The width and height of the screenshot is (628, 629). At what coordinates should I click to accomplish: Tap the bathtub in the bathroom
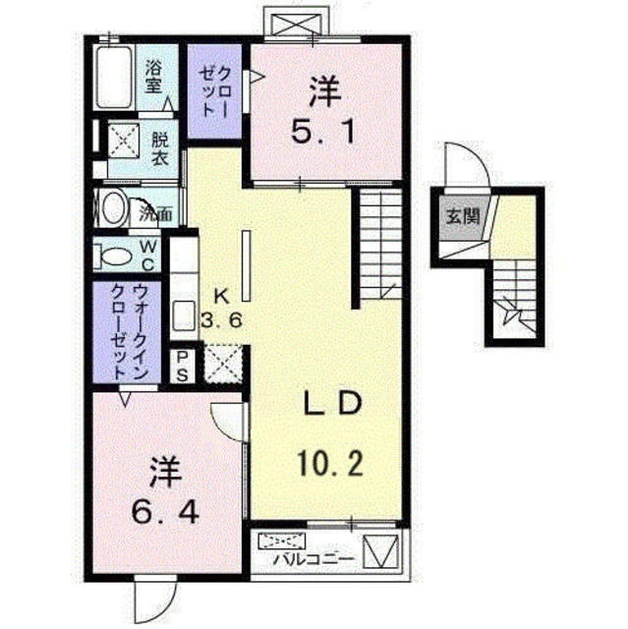pos(114,77)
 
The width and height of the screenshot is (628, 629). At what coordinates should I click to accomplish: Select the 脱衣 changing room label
pos(159,148)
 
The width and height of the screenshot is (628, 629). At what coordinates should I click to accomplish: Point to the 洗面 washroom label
pos(155,214)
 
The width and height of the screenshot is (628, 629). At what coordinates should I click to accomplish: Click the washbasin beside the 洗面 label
pos(113,207)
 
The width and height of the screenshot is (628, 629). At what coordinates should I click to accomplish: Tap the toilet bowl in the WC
pos(116,256)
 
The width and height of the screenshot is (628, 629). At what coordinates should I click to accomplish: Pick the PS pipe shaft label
pos(182,367)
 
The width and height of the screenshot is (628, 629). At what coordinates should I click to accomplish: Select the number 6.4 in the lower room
pos(165,513)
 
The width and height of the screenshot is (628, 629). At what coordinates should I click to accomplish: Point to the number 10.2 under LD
pos(329,463)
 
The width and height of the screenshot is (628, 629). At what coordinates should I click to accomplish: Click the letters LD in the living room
pos(332,404)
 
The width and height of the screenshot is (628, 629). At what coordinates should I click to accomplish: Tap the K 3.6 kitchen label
pos(221,308)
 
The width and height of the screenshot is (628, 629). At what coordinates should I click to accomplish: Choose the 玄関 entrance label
pos(463,217)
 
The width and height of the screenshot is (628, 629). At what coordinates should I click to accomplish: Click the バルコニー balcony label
pos(314,559)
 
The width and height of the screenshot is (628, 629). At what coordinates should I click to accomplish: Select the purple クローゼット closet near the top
pos(214,91)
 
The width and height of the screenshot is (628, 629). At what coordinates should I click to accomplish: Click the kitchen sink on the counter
pos(184,315)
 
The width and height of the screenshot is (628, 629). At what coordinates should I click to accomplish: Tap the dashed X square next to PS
pos(223,363)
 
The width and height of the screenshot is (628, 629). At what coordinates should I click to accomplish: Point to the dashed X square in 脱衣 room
pos(124,140)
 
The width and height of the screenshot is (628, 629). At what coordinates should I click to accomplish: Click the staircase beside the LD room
pos(380,245)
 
